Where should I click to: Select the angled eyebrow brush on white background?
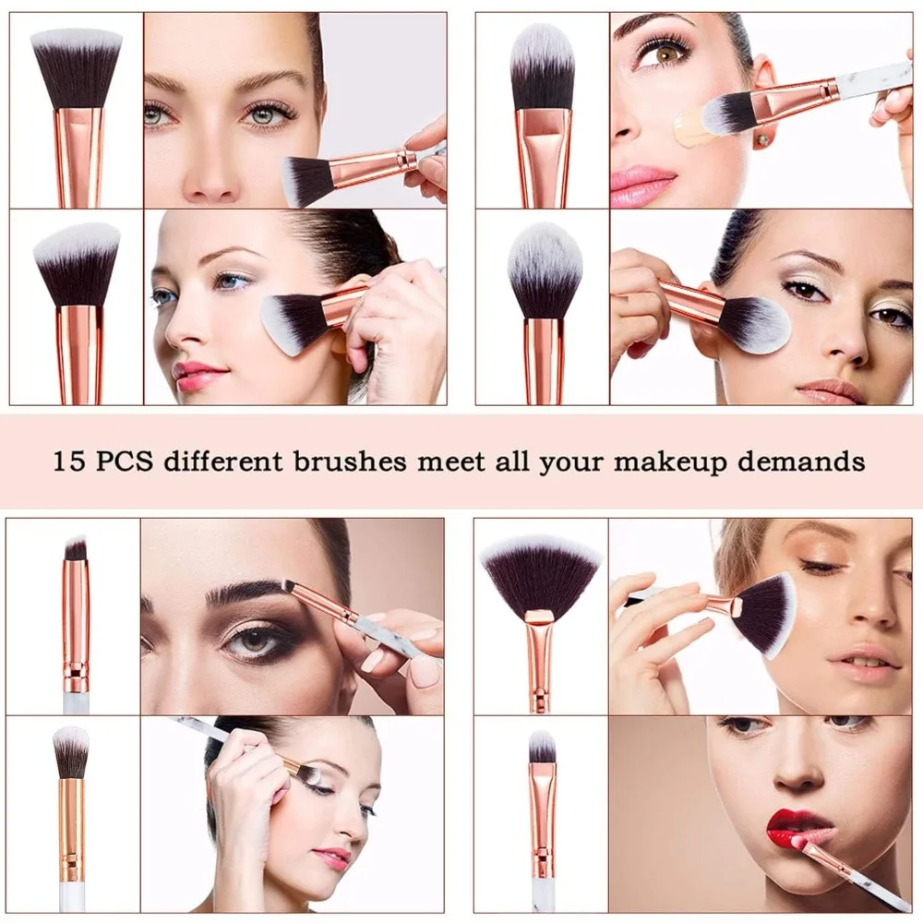pyautogui.click(x=76, y=550)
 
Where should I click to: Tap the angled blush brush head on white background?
pyautogui.click(x=78, y=264)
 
